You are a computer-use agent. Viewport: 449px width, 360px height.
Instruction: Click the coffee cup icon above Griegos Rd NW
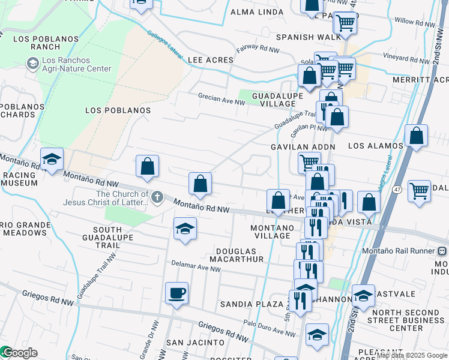pos(176,293)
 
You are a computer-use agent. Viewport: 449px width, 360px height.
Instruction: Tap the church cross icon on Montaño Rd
pos(157,197)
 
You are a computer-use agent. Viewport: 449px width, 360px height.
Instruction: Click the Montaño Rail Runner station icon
pos(442,251)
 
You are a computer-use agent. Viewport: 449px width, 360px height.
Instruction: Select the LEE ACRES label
pos(210,61)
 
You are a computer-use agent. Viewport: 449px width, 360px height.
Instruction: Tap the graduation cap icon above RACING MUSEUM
pos(52,160)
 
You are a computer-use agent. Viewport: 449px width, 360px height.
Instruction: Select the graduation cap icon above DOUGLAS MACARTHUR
pos(185,229)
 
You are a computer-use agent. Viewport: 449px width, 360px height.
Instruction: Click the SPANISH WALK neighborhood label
pos(303,37)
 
